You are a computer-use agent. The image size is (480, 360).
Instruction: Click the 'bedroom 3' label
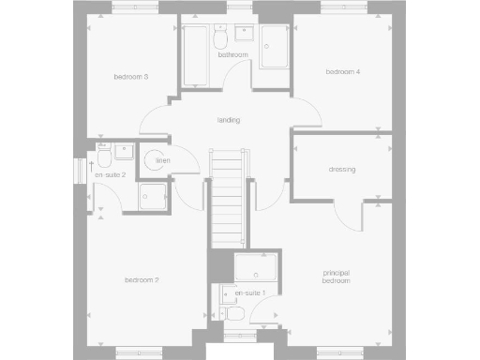point(131,76)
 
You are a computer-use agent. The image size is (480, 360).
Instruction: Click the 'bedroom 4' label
point(342,72)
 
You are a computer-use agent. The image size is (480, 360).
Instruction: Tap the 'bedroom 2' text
point(142,279)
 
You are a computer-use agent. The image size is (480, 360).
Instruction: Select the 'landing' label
point(228,120)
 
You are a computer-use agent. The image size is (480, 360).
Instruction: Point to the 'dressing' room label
point(341,170)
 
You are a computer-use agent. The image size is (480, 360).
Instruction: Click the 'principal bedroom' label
point(336,277)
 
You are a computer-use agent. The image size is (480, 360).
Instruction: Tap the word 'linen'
point(162,161)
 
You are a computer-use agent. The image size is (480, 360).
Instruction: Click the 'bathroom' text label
point(233,55)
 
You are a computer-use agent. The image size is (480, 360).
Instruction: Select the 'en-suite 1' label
point(250,293)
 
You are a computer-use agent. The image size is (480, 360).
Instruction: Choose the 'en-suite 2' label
point(110,174)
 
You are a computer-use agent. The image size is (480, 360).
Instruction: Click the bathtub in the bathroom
point(196,55)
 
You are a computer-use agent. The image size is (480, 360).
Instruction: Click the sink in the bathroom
point(247,36)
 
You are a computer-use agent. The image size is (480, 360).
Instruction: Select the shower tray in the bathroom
point(276,47)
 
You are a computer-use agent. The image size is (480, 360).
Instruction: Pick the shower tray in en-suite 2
point(152,194)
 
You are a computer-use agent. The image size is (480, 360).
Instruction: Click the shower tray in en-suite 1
point(254,268)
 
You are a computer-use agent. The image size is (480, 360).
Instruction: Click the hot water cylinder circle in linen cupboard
point(154,162)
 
